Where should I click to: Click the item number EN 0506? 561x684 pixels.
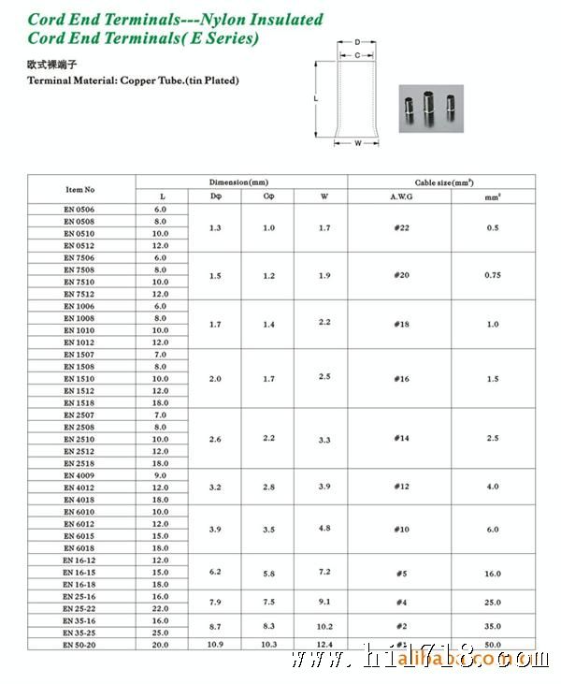[80, 210]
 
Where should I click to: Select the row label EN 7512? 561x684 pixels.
[80, 294]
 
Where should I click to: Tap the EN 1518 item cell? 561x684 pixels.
[80, 402]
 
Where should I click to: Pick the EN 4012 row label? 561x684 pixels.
[80, 488]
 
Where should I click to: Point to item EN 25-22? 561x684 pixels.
[80, 608]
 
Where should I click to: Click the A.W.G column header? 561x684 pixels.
[399, 196]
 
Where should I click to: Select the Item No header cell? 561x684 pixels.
[80, 189]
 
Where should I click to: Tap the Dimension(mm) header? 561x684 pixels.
[241, 182]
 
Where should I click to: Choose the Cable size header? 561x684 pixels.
[442, 182]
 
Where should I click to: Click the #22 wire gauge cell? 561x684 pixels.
[399, 227]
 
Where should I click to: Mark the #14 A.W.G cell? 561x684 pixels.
[399, 438]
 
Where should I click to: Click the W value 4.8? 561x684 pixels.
[324, 528]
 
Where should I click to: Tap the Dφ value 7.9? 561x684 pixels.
[216, 602]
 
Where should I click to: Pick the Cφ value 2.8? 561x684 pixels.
[269, 487]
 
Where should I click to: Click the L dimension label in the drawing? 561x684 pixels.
[317, 97]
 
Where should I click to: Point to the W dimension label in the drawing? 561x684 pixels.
[358, 143]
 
